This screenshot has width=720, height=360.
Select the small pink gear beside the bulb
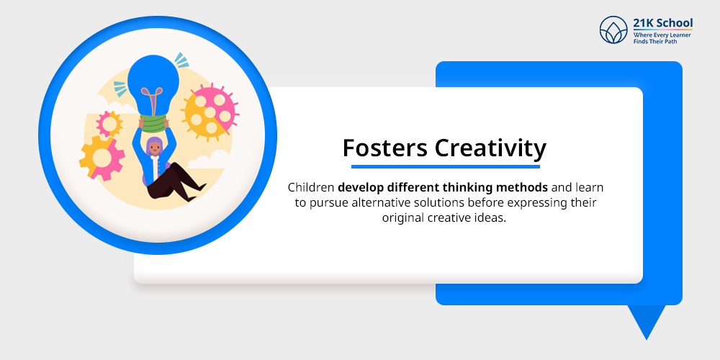[110, 124]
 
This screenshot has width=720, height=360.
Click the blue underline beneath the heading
[444, 166]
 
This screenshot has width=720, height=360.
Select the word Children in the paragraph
[311, 187]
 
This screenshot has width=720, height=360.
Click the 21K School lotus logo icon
[613, 30]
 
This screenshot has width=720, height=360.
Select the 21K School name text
[663, 23]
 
